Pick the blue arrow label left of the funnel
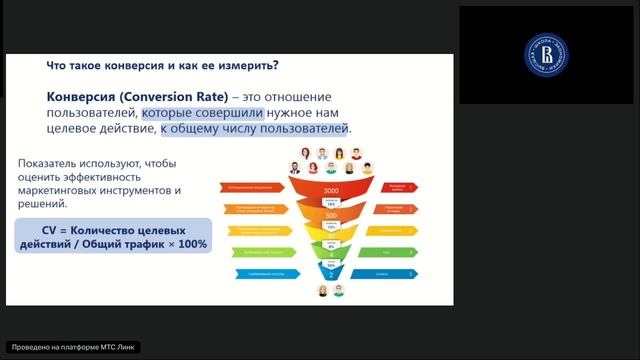[254, 272]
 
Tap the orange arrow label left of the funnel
[256, 209]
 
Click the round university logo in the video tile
[546, 55]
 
